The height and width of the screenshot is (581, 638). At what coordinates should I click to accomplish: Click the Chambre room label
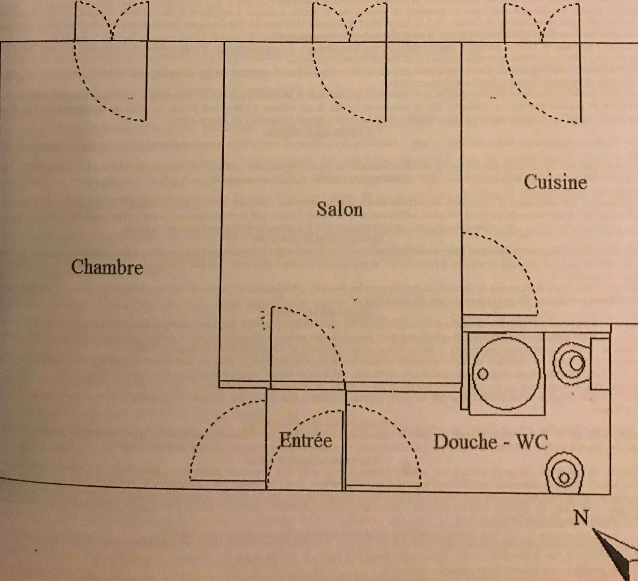tap(107, 267)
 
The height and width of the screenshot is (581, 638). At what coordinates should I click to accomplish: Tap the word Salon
tap(340, 209)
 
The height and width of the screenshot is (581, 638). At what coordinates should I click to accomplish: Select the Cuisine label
tap(555, 182)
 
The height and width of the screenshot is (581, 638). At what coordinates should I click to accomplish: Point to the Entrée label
tap(306, 440)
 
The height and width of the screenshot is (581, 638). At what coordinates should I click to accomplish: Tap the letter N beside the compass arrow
tap(581, 518)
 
